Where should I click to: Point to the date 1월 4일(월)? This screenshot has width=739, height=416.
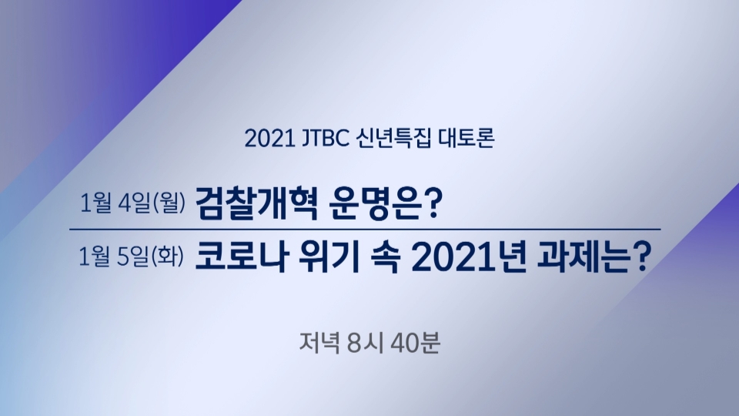pyautogui.click(x=133, y=203)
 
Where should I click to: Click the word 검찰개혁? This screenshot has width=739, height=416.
pyautogui.click(x=256, y=203)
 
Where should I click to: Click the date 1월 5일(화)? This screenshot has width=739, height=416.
pyautogui.click(x=132, y=257)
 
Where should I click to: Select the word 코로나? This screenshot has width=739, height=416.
pyautogui.click(x=241, y=257)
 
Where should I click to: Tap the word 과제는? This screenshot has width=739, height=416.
pyautogui.click(x=583, y=257)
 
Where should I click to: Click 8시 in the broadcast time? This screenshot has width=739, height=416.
pyautogui.click(x=365, y=343)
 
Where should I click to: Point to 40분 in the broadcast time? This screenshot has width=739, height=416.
pyautogui.click(x=415, y=343)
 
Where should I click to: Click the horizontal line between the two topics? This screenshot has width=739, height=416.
pyautogui.click(x=365, y=230)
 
